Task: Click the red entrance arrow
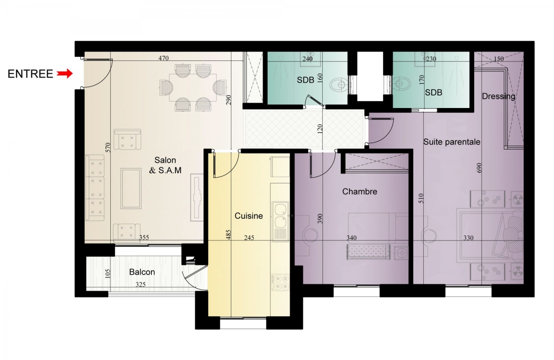coord(65,73)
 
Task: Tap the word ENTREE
coord(30,74)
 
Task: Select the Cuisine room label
coord(248,216)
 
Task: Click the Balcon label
coord(142,272)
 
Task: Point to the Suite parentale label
coord(452,142)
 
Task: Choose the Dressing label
coord(498,96)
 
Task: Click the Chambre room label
coord(360,192)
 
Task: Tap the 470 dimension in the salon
coord(163,58)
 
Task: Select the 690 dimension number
coord(479,168)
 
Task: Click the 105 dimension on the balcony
coord(108,274)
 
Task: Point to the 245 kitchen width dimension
coord(249,238)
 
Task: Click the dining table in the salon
coord(193,87)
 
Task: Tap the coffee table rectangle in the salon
coord(131,188)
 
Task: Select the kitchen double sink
coord(281,222)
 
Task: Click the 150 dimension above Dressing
coord(499,59)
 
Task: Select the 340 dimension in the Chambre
coord(351,238)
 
